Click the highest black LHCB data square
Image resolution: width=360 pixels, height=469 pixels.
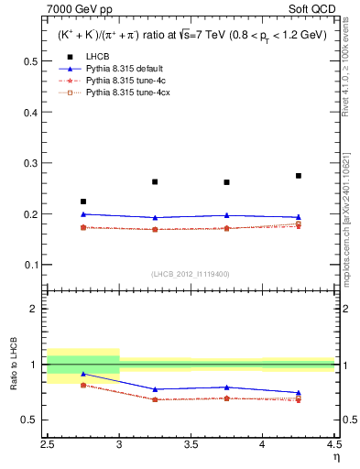point(299,176)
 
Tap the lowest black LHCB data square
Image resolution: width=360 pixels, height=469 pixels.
point(83,202)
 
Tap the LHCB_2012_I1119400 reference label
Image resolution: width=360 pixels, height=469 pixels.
point(191,274)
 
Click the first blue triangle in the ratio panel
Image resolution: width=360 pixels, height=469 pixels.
point(83,374)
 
